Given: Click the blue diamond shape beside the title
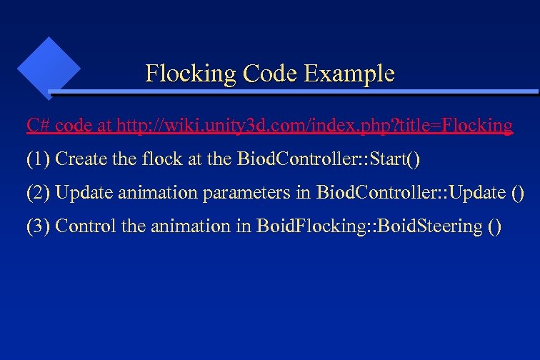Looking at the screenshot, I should [49, 66].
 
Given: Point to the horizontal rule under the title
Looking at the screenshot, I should [293, 92].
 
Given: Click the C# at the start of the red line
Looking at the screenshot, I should [38, 126].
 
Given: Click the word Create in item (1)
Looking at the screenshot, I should [79, 159].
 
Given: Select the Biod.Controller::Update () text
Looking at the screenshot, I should [420, 193].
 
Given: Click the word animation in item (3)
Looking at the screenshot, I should [180, 226].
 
